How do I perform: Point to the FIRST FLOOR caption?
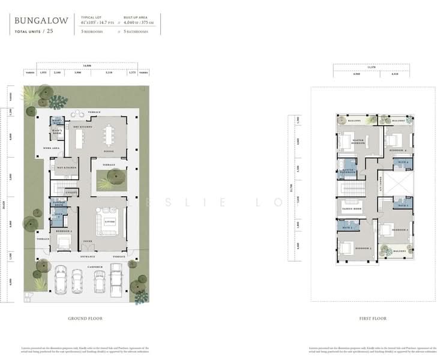tap(373, 319)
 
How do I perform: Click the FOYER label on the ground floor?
tap(87, 242)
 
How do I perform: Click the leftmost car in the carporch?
tap(61, 280)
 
